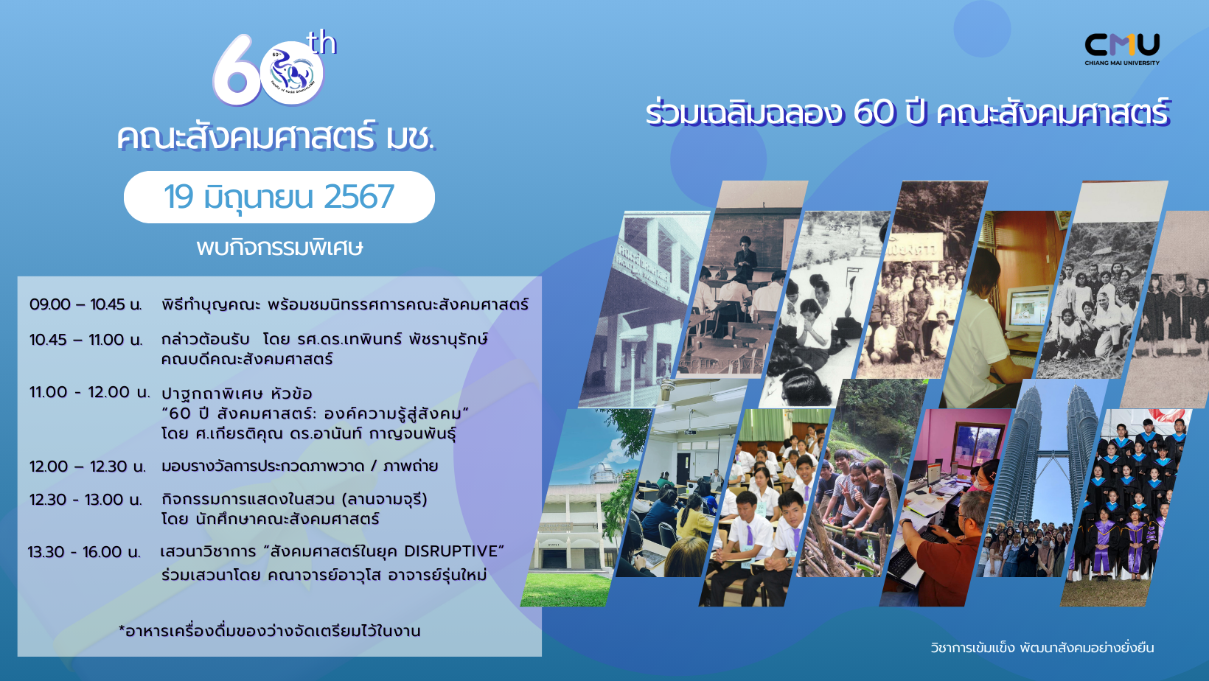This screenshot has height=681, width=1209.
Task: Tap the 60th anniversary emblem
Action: pos(274,69)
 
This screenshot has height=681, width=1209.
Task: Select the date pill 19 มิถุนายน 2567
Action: pos(279,197)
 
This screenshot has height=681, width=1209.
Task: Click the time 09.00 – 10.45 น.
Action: pos(86,304)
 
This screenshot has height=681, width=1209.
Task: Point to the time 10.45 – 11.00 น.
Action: pos(86,340)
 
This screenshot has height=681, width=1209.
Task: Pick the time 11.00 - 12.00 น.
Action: pos(90,392)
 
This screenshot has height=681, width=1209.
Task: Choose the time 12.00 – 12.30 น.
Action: pos(88,467)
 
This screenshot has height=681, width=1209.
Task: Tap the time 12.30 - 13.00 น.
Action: pos(86,499)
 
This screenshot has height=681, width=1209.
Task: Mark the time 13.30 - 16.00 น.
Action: pos(84,551)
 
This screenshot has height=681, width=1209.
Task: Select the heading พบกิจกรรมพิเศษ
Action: pos(279,248)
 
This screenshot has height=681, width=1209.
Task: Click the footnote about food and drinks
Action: pos(269,631)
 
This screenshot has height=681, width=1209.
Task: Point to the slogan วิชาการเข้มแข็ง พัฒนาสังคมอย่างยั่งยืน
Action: pos(1042,648)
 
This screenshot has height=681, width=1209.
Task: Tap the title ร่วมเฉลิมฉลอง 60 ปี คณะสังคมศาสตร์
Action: pos(907,113)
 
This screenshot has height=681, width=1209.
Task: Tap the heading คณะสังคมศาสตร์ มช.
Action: pos(276,138)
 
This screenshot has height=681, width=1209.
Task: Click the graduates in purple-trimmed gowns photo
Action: pos(1126,507)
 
